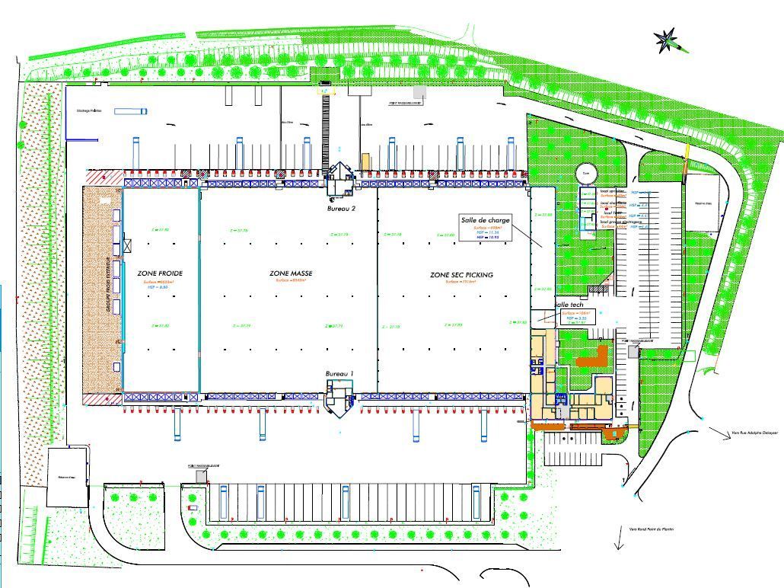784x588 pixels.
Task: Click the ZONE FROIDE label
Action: pos(160,273)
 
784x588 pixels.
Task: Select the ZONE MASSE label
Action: pos(291,273)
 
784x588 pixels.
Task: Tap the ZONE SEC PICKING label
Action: pos(461,274)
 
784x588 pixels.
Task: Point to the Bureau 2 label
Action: pos(341,208)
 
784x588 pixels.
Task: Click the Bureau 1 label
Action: pos(339,374)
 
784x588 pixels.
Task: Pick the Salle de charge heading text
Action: pos(486,220)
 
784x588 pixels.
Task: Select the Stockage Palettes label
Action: pos(89,110)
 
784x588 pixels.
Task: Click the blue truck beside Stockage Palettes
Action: pos(130,111)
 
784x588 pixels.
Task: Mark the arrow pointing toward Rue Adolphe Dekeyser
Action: pos(719,432)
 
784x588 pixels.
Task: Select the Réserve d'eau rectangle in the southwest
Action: pos(66,478)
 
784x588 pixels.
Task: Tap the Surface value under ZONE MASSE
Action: pos(291,280)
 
